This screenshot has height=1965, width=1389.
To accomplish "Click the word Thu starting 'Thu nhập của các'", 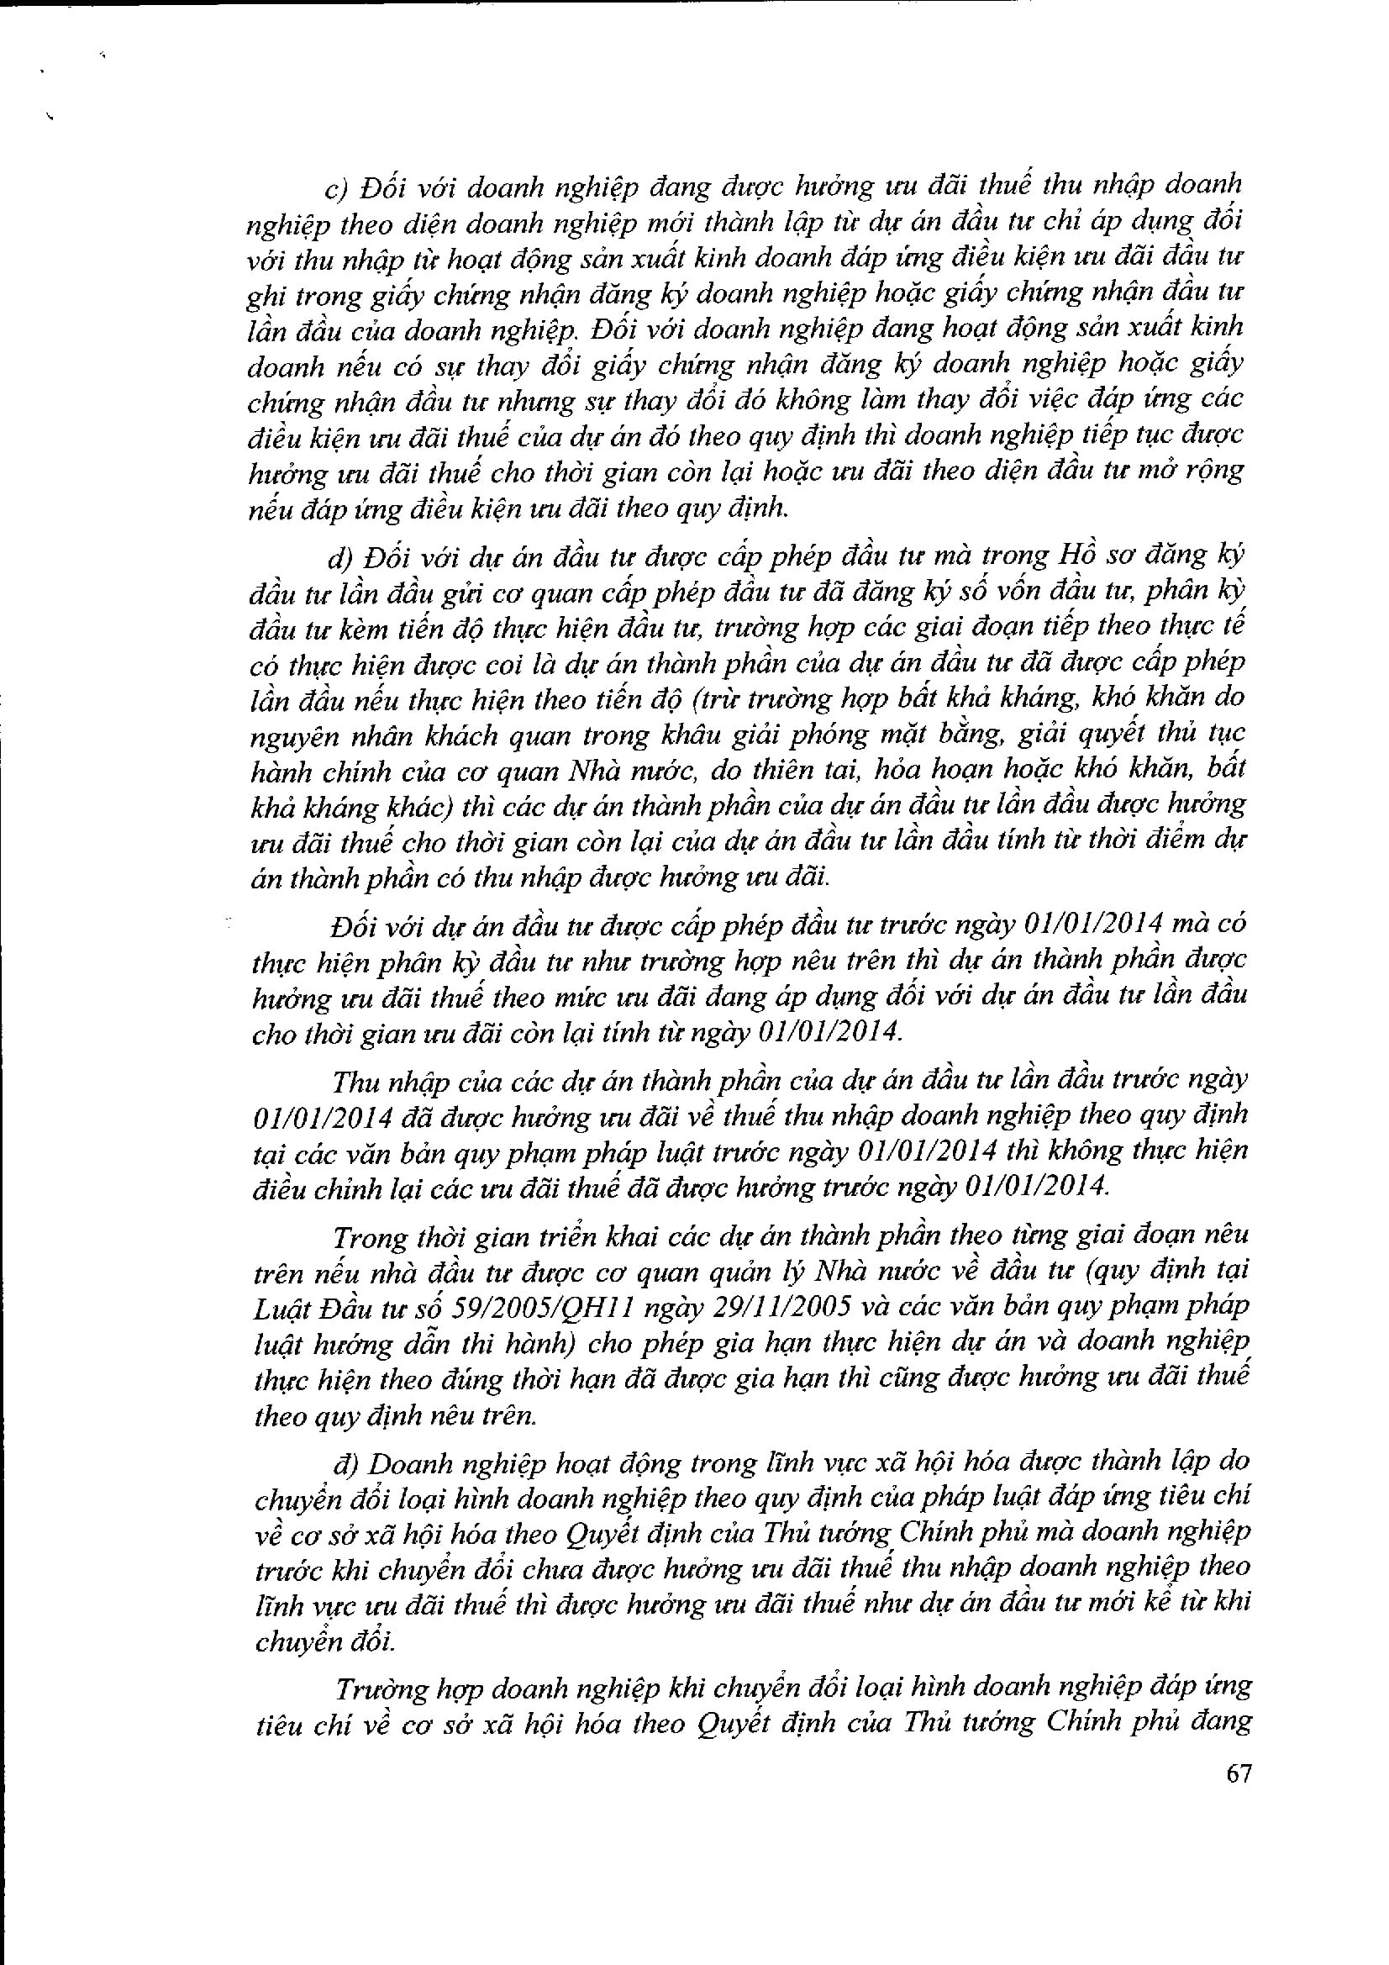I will click(355, 1082).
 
